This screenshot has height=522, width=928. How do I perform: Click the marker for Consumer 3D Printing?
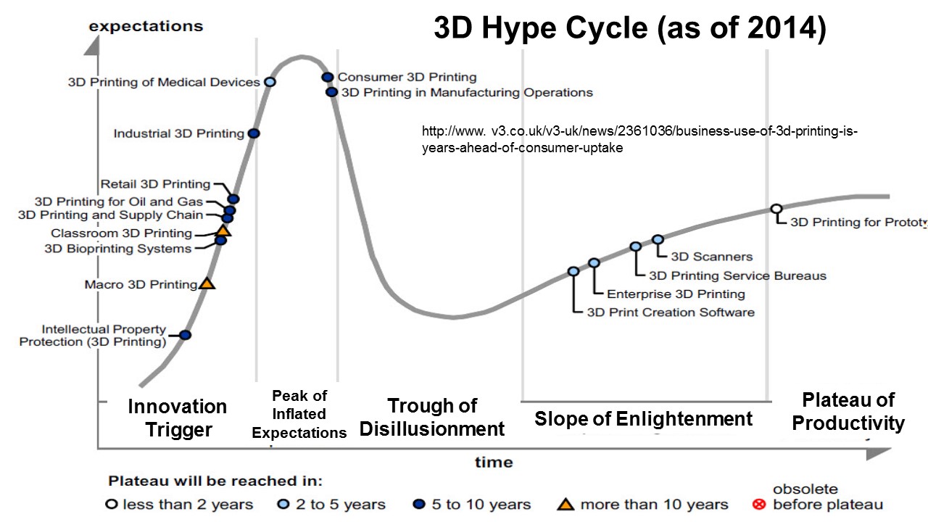(327, 77)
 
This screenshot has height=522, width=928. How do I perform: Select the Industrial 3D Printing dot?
(254, 133)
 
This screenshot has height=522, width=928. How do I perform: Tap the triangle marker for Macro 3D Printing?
(207, 283)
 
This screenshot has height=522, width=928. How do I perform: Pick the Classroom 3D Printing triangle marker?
(223, 231)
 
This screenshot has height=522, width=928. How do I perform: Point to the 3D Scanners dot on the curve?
(658, 239)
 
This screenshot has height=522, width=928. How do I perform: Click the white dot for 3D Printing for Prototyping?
(776, 209)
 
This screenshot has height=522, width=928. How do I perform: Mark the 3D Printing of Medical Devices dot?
(270, 82)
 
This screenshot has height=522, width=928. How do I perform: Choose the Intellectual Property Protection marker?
(185, 335)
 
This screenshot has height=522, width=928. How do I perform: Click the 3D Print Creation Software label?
(671, 312)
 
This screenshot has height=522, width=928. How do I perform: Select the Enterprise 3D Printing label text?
(676, 294)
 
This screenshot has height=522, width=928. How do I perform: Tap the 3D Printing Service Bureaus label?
(737, 275)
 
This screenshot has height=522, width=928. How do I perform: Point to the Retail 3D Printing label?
(155, 184)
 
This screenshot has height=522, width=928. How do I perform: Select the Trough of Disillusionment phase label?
(432, 417)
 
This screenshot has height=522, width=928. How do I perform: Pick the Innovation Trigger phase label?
(178, 418)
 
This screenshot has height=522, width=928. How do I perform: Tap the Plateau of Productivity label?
(848, 411)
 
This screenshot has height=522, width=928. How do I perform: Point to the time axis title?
(494, 462)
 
